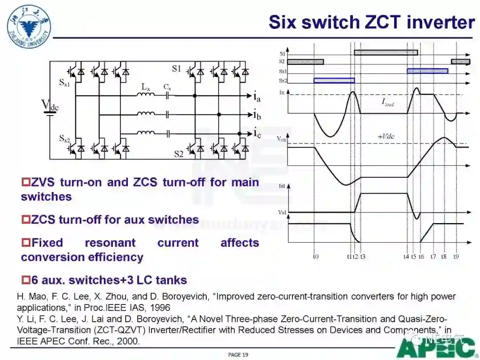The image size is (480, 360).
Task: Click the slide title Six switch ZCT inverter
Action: [x=372, y=22]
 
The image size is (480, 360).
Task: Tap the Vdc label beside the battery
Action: [x=50, y=105]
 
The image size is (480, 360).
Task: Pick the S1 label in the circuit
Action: [x=176, y=69]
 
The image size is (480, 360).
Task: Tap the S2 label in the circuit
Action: [x=179, y=154]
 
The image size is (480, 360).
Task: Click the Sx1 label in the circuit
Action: [x=65, y=83]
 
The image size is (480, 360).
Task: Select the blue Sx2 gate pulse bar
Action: [x=334, y=80]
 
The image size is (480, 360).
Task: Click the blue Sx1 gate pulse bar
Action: [x=427, y=71]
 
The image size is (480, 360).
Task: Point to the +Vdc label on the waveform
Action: [x=386, y=136]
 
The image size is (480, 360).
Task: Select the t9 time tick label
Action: [x=456, y=256]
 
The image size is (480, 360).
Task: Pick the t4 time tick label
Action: [x=406, y=256]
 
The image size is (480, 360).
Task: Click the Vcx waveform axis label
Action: [x=281, y=139]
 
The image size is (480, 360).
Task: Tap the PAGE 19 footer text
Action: [x=238, y=355]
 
